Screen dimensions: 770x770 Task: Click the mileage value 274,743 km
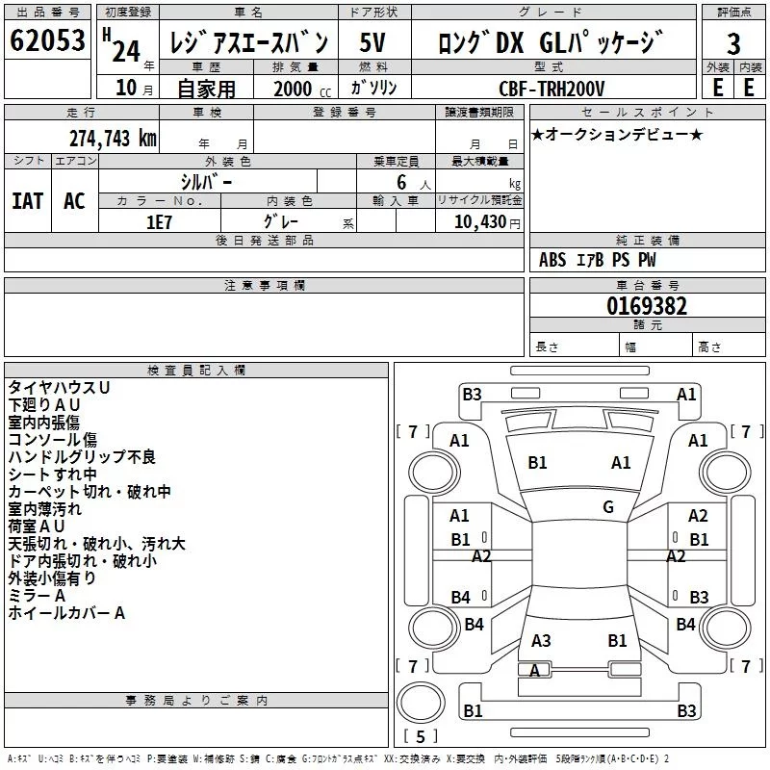(113, 138)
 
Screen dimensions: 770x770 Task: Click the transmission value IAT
(27, 201)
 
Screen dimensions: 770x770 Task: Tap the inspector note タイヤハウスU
(59, 387)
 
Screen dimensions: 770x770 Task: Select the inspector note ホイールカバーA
(66, 612)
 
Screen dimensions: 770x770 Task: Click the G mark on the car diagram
(608, 507)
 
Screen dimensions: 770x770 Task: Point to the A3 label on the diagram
(541, 640)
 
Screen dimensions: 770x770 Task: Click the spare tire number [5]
(420, 737)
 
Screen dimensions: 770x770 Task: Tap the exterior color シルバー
(206, 181)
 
